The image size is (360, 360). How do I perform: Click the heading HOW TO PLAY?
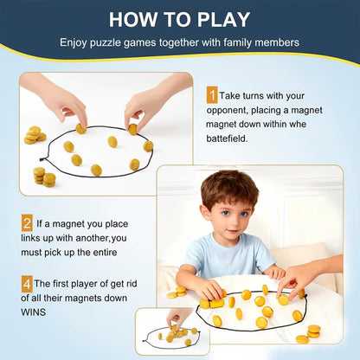tap(179, 19)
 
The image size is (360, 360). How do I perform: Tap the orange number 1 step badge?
tap(212, 96)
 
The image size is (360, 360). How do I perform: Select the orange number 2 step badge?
tap(27, 222)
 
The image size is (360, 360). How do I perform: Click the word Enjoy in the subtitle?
tap(73, 42)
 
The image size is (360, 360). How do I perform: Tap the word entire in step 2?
tap(120, 252)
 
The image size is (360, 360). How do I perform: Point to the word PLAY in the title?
tap(221, 19)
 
